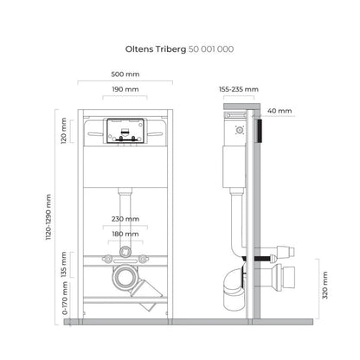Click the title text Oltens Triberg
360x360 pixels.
coord(156,49)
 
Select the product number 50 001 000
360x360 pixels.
coord(211,49)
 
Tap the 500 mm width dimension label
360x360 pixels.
coord(125,74)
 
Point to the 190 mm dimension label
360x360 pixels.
coord(125,89)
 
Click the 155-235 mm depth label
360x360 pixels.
coord(239,89)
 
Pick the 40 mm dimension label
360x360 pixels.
coord(280,111)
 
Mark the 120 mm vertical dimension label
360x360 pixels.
coord(64,131)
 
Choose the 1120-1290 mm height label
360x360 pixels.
coord(48,217)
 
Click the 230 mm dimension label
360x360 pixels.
coord(125,219)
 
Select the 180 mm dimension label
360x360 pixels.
coord(125,234)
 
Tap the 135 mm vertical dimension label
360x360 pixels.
coord(64,265)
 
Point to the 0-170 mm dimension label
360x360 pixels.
coord(65,298)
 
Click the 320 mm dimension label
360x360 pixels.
coord(325,285)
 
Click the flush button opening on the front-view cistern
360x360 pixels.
coord(125,131)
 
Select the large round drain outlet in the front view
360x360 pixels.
coord(125,278)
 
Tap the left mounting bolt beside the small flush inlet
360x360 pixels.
coord(107,260)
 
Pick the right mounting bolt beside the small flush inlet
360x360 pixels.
coord(144,259)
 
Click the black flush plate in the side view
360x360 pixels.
coord(260,131)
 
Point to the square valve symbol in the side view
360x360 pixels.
coord(240,130)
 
